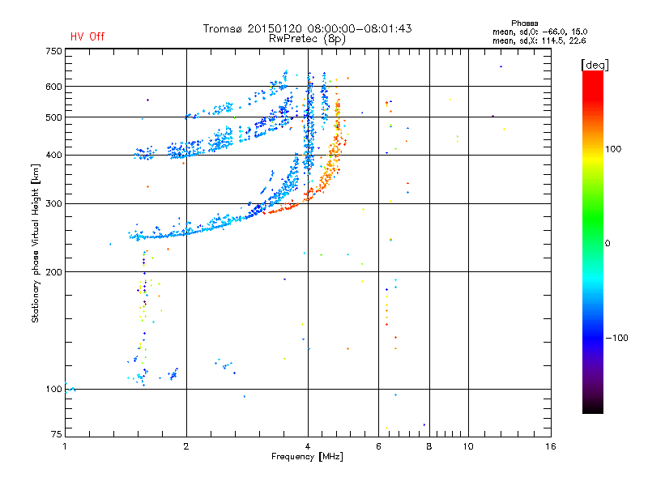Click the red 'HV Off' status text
coord(87,36)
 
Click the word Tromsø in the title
coord(223,28)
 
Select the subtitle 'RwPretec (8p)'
coord(307,39)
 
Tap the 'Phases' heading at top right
coord(524,23)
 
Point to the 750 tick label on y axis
coord(53,51)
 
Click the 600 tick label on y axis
coord(53,87)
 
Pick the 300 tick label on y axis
coord(53,203)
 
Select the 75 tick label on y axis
coord(57,434)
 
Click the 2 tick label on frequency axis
coord(186,446)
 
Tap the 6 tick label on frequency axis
coord(378,446)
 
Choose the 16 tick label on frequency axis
coord(551,446)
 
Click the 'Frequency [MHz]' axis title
coord(307,457)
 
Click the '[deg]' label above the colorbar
coord(595,65)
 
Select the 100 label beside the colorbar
coord(613,149)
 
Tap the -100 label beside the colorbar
coord(616,338)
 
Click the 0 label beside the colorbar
coord(607,244)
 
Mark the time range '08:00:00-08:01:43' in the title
coord(360,28)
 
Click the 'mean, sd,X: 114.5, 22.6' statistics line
coord(539,41)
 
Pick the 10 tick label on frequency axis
coord(468,446)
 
